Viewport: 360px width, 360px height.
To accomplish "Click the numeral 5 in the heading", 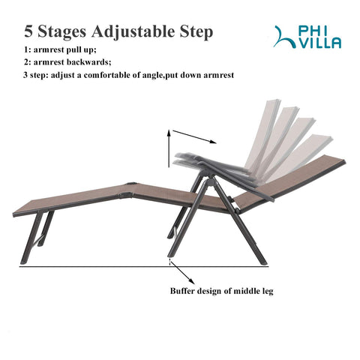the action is click(x=28, y=31).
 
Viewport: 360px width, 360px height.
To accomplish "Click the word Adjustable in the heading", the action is click(x=133, y=32).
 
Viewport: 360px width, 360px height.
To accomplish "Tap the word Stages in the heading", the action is click(x=62, y=32).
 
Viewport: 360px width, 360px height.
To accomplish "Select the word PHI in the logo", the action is click(x=313, y=31).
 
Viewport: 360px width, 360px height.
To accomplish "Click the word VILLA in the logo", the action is click(x=320, y=43).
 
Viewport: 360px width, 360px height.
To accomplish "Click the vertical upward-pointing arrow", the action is click(x=169, y=148).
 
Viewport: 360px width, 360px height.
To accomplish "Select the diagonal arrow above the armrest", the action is click(x=194, y=136).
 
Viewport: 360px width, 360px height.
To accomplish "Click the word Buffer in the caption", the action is click(x=182, y=291).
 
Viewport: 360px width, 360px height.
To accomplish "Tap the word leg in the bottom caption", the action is click(x=268, y=292).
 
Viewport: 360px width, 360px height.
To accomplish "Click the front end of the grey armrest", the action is click(x=177, y=160).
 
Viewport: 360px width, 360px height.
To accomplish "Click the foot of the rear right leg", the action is click(x=264, y=262).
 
